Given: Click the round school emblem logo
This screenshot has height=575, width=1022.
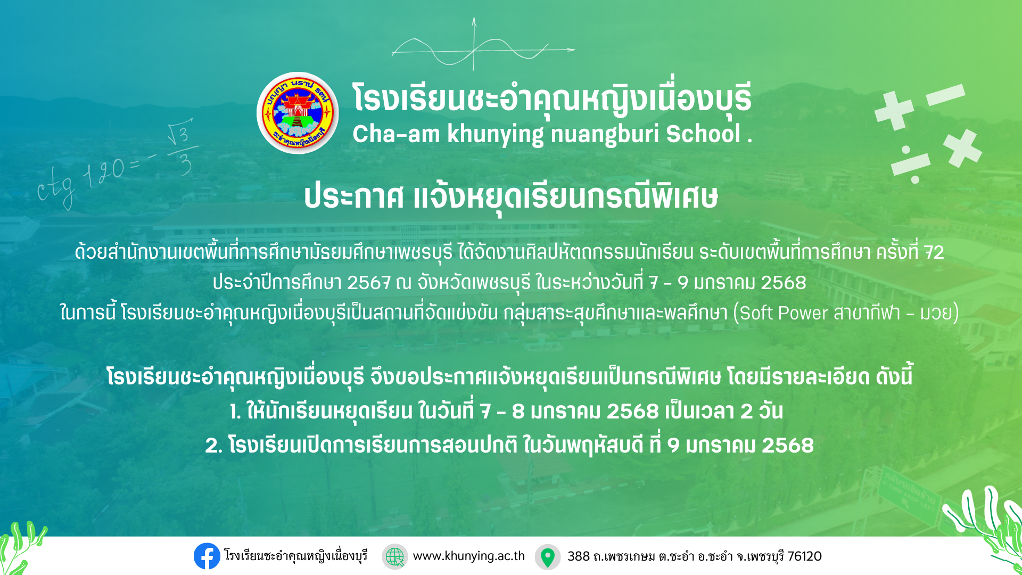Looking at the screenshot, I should [298, 113].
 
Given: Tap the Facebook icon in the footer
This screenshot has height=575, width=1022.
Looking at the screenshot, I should [207, 556].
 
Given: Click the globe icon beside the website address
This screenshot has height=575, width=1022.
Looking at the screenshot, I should [394, 556].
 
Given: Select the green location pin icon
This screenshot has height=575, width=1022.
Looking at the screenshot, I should [547, 557].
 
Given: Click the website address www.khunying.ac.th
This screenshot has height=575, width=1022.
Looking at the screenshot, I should [468, 556].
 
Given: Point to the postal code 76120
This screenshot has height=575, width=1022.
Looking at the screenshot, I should [804, 556].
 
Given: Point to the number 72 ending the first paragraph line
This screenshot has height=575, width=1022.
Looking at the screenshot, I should [934, 252].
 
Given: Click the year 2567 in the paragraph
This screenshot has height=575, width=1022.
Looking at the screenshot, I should [368, 282].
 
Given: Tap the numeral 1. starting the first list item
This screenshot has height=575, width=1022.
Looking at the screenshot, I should [235, 412].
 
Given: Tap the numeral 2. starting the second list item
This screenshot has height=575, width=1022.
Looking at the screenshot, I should [213, 446].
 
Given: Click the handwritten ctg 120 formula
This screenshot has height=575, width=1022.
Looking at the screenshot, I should [114, 165].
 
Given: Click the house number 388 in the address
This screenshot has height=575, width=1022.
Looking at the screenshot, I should [578, 556].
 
